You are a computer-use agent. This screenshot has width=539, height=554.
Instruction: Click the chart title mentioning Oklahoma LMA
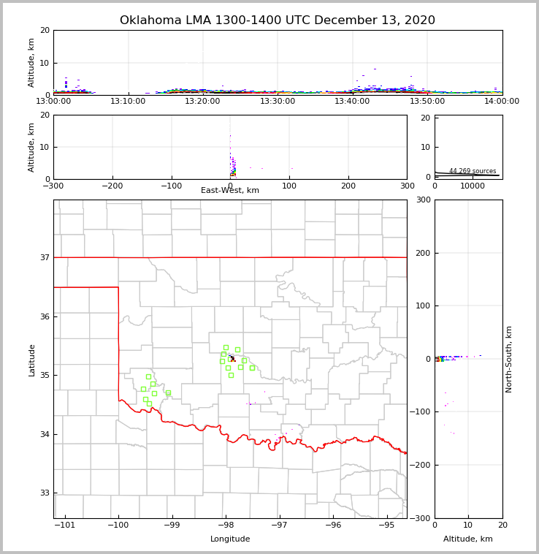[x=277, y=20]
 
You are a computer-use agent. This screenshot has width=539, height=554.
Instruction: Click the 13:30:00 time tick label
[x=278, y=101]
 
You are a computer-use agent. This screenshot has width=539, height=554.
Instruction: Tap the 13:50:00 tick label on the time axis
[x=427, y=101]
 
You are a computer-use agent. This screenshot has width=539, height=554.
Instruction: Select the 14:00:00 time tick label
[x=502, y=101]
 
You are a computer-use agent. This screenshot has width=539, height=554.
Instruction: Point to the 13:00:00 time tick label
[x=53, y=101]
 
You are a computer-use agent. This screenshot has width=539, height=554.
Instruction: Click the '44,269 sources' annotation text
[x=473, y=171]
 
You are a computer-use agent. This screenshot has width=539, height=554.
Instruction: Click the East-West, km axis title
[x=230, y=191]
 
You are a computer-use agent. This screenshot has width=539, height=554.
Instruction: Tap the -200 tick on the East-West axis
[x=112, y=186]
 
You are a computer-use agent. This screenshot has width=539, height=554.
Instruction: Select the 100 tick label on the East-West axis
[x=289, y=186]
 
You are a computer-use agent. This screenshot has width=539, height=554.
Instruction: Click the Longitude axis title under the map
[x=230, y=539]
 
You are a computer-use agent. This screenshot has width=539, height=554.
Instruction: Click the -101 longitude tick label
[x=65, y=525]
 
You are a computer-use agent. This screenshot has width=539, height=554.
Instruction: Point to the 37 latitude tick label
[x=44, y=257]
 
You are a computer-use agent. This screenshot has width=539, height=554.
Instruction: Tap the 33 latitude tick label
[x=44, y=493]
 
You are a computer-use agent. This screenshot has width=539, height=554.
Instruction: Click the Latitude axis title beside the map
[x=32, y=360]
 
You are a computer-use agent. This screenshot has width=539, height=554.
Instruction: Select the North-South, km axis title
[x=510, y=359]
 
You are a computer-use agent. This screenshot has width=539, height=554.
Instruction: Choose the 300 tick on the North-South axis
[x=422, y=200]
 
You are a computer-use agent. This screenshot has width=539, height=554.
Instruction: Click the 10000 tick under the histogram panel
[x=473, y=186]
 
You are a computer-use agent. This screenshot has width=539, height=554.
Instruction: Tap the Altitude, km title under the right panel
[x=468, y=539]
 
